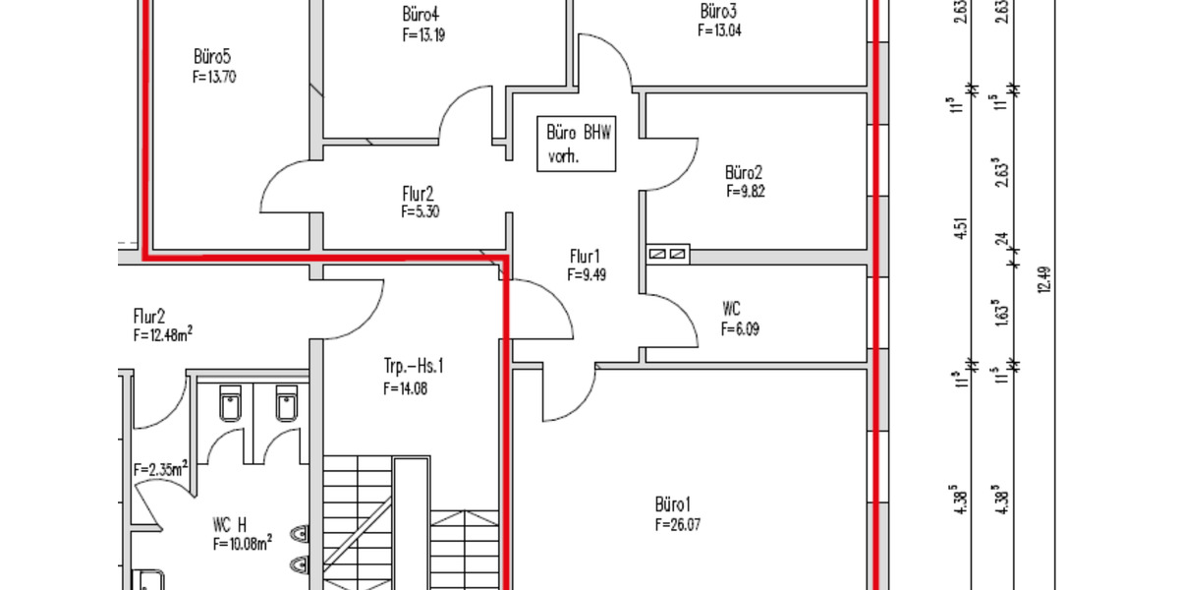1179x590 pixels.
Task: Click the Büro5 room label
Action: (x=212, y=56)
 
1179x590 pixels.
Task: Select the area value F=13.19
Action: (x=423, y=34)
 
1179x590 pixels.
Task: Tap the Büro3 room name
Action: (x=718, y=11)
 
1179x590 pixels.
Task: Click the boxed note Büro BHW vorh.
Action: (x=577, y=144)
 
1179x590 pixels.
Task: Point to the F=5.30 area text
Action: (x=421, y=211)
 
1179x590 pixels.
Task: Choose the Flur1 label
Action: (x=585, y=257)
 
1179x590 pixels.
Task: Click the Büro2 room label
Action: (x=744, y=172)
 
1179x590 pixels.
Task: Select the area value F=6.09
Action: (x=740, y=329)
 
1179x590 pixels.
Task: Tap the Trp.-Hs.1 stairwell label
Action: (x=414, y=366)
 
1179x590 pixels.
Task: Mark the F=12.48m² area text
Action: (x=163, y=334)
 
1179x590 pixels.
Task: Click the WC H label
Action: (x=230, y=525)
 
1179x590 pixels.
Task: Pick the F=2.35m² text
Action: (x=160, y=468)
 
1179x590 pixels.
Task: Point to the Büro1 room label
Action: (x=672, y=504)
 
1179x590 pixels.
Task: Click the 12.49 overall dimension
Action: (x=1045, y=279)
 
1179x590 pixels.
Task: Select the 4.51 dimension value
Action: (x=961, y=228)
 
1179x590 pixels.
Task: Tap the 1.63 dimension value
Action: (x=1001, y=313)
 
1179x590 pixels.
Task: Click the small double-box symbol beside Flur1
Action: (x=668, y=255)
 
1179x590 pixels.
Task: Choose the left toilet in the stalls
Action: (x=230, y=403)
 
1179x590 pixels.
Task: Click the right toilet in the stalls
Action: (x=286, y=403)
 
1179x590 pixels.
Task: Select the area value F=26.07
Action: (x=678, y=525)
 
